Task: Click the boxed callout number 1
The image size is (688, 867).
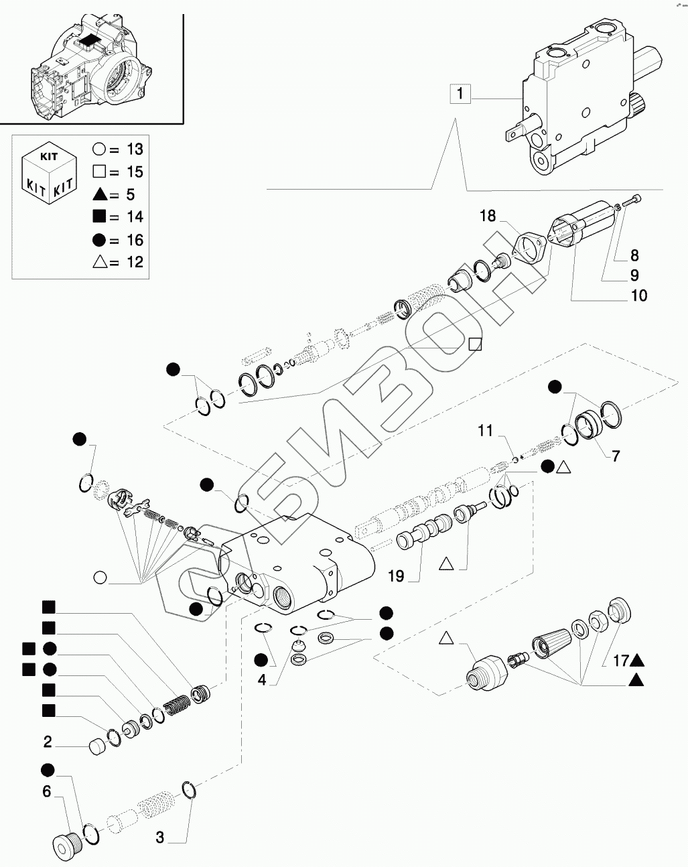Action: coord(460,94)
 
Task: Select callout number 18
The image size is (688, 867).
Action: coord(488,216)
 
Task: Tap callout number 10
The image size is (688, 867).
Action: coord(638,295)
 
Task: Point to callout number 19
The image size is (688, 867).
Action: coord(395,576)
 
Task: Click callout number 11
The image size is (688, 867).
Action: coord(485,431)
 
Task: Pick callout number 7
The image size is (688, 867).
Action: coord(616,456)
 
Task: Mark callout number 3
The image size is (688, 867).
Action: coord(160,838)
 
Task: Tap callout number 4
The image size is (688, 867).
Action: coord(262,680)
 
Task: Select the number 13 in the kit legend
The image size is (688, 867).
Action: coord(135,149)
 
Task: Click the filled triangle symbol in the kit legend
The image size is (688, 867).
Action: coord(100,195)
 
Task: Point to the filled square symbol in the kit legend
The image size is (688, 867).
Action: coord(99,217)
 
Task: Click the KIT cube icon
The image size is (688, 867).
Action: coord(49,172)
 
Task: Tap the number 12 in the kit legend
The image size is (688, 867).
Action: coord(135,262)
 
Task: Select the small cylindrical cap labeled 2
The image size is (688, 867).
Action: coord(97,746)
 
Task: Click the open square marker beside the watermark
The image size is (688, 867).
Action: coord(476,344)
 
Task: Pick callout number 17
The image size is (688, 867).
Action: coord(620,661)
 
